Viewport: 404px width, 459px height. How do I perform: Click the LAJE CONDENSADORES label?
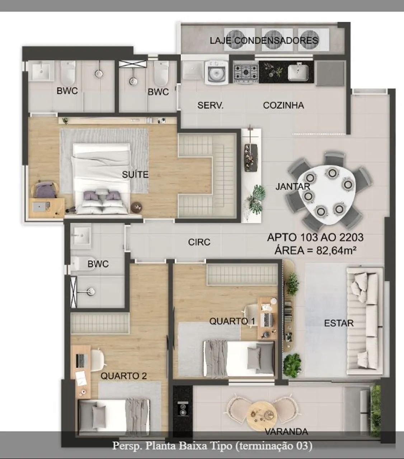pos(264,41)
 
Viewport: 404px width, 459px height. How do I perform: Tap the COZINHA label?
pos(283,105)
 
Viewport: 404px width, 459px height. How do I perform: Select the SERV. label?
pos(210,105)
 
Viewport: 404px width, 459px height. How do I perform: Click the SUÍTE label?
pos(135,174)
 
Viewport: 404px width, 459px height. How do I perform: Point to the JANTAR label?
pos(293,186)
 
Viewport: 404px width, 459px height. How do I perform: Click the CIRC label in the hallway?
pos(199,242)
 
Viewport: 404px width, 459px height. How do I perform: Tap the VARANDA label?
pos(286,432)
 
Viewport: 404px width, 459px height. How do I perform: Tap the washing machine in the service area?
pos(216,72)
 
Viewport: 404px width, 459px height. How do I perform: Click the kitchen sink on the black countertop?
pos(298,72)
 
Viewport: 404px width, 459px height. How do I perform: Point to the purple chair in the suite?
pos(45,190)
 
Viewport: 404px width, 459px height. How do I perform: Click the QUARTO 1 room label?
pos(232,321)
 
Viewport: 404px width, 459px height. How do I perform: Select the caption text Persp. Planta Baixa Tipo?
pos(172,446)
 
